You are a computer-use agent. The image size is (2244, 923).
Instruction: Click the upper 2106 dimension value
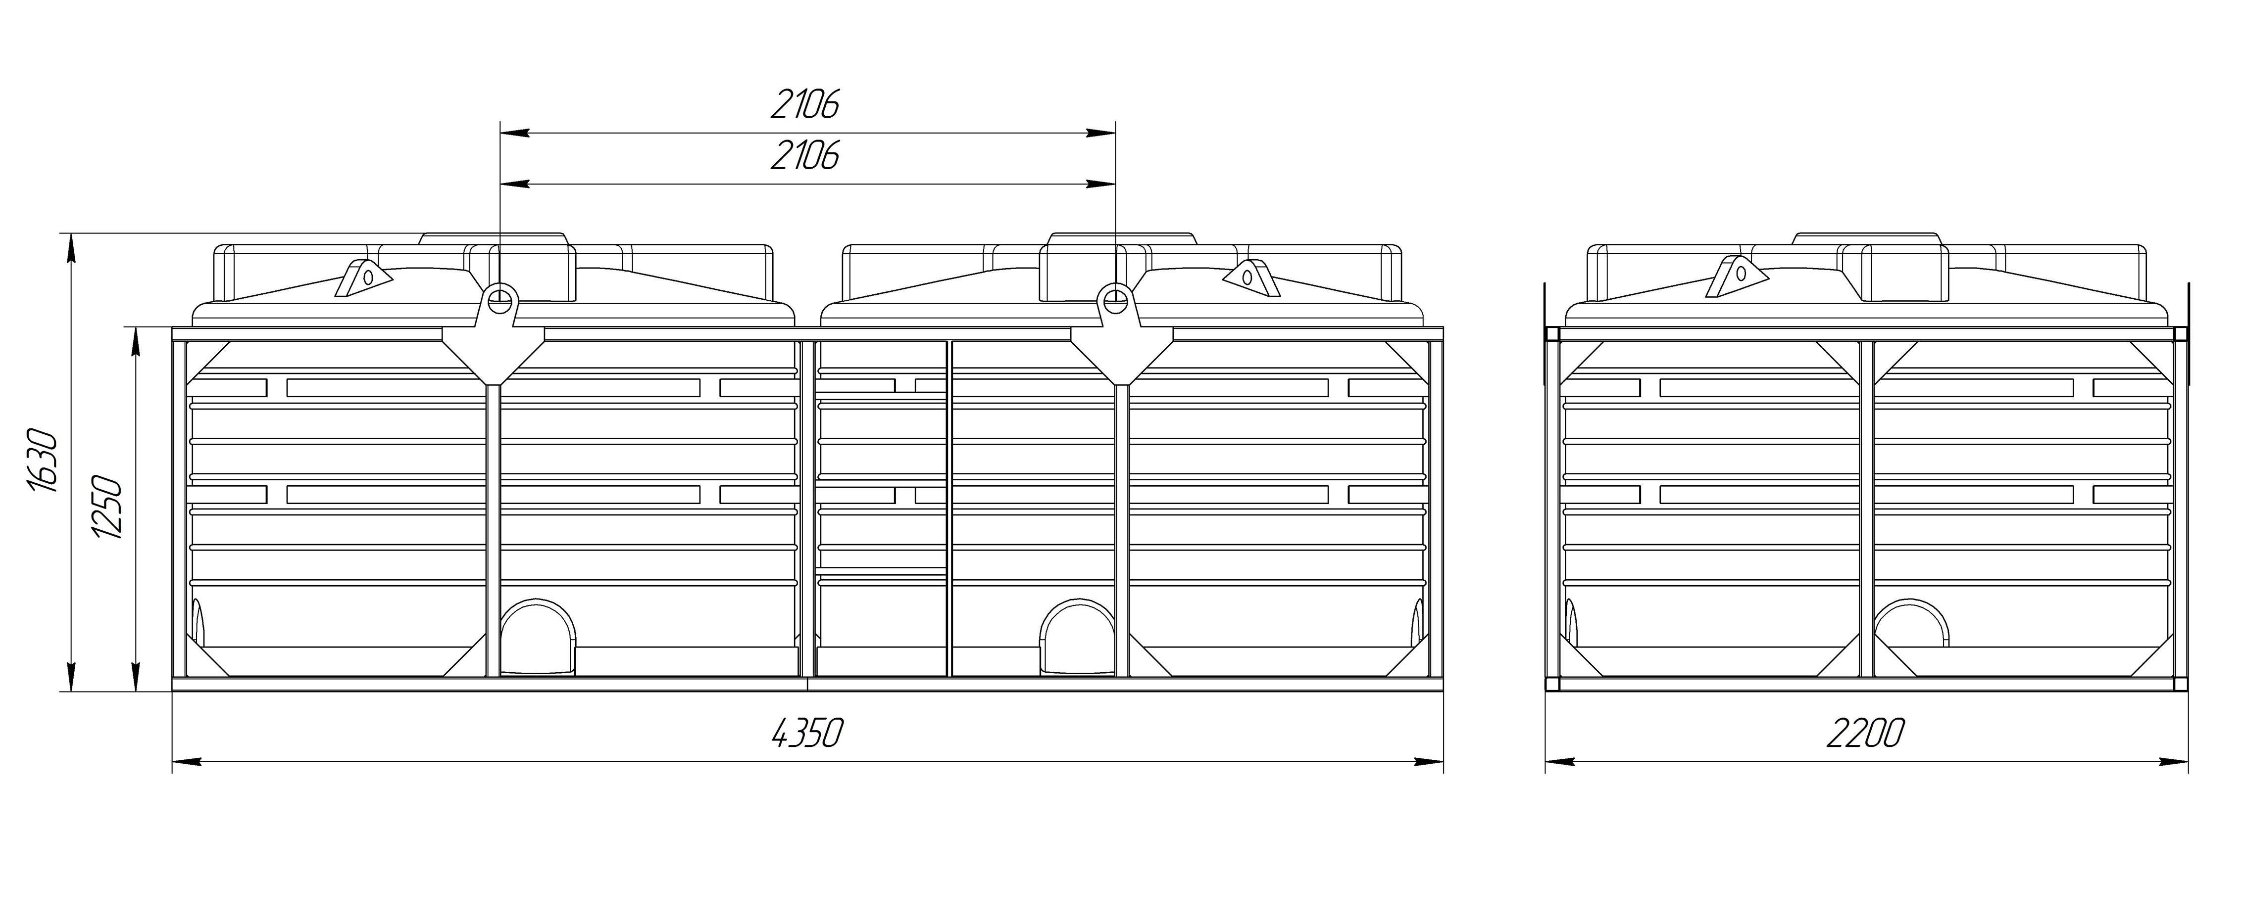pyautogui.click(x=805, y=104)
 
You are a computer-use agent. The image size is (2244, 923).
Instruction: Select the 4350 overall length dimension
pyautogui.click(x=807, y=733)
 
